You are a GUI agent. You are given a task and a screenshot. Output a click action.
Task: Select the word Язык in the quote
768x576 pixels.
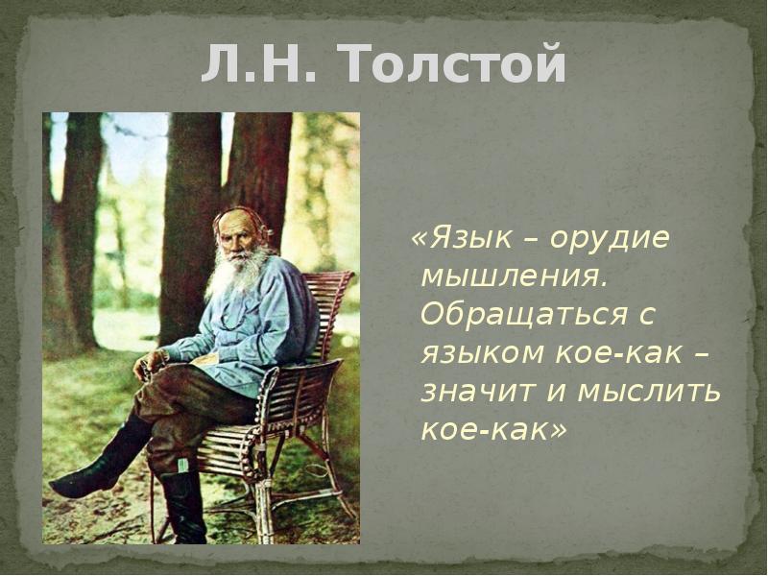point(470,238)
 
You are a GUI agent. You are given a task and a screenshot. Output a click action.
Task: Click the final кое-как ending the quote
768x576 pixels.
point(484,430)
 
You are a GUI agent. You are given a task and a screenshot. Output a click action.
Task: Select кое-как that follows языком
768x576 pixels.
point(619,352)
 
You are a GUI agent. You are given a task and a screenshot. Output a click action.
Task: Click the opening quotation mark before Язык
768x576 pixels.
point(420,239)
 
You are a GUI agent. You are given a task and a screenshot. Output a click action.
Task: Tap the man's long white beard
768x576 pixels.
point(237,272)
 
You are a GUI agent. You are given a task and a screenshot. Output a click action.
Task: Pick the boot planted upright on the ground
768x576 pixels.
point(182,507)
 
